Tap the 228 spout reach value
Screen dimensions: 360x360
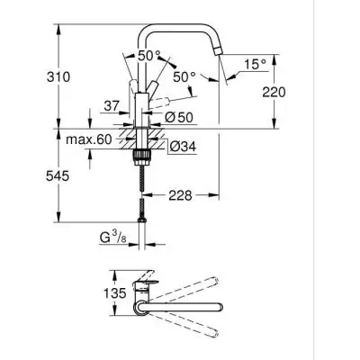click(181, 194)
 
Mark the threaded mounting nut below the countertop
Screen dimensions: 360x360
click(139, 157)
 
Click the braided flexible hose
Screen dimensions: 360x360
click(139, 189)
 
